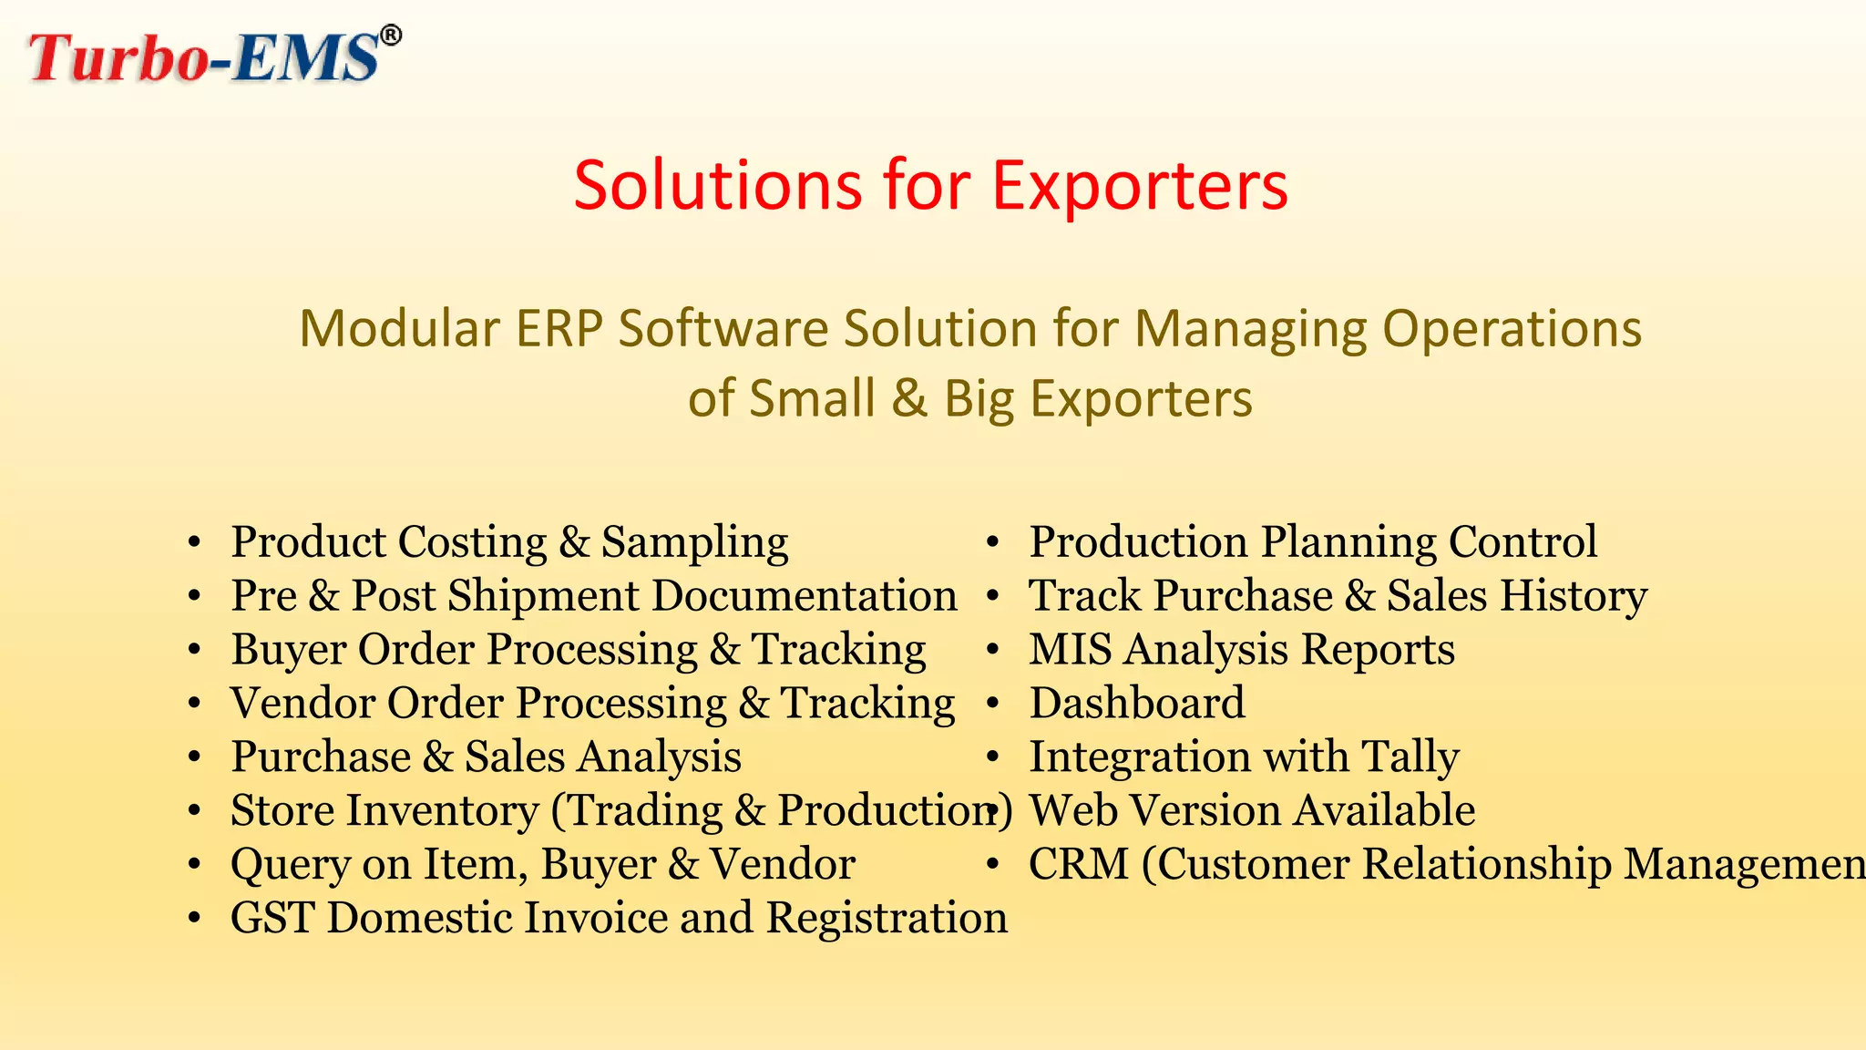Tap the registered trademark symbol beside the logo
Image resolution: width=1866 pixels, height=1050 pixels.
pos(390,36)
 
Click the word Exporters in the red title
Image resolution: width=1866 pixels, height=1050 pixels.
pos(1139,186)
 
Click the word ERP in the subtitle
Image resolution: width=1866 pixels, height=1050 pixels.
pos(559,328)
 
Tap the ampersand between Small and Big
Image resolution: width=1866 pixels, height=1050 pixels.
pos(908,398)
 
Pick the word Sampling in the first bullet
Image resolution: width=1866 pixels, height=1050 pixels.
pos(694,543)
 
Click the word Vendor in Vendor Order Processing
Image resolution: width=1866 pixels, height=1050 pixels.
pos(302,704)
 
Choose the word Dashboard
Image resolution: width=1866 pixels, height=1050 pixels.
pos(1136,704)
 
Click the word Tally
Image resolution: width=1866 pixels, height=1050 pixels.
pos(1410,757)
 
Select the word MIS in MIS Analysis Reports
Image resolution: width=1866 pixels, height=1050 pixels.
pos(1070,650)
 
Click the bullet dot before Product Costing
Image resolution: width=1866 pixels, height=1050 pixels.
pos(193,544)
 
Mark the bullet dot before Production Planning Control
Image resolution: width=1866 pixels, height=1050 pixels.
pos(992,544)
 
